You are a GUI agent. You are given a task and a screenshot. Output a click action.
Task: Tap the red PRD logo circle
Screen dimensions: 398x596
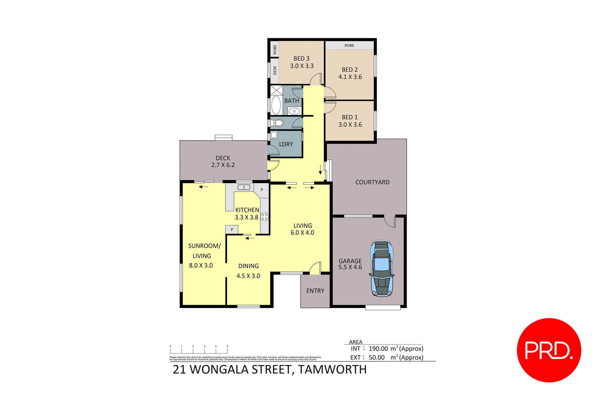pyautogui.click(x=549, y=350)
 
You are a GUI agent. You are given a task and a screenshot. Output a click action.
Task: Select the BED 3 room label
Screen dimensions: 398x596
pyautogui.click(x=301, y=58)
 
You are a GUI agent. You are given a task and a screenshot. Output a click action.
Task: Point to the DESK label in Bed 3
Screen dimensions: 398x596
pyautogui.click(x=275, y=70)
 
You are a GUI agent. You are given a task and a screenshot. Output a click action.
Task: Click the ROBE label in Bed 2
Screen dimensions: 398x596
pyautogui.click(x=349, y=45)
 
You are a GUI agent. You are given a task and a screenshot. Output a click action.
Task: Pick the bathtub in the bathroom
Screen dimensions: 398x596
pyautogui.click(x=276, y=105)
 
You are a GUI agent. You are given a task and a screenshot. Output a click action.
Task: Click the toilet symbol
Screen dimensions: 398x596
pyautogui.click(x=278, y=123)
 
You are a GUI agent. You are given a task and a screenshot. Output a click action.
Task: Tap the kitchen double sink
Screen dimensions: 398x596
pyautogui.click(x=244, y=187)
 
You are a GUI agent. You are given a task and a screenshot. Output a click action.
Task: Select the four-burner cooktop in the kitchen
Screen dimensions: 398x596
pyautogui.click(x=264, y=216)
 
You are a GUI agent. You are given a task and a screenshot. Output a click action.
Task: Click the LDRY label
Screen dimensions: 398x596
pyautogui.click(x=286, y=144)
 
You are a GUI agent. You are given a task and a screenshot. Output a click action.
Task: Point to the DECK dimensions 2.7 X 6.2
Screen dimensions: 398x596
pyautogui.click(x=223, y=165)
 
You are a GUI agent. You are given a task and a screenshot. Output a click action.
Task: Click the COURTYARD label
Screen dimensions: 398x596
pyautogui.click(x=372, y=182)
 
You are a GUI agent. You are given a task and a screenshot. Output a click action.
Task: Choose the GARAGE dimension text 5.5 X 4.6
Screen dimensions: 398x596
pyautogui.click(x=350, y=267)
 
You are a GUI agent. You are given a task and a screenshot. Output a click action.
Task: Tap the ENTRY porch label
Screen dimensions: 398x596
pyautogui.click(x=315, y=291)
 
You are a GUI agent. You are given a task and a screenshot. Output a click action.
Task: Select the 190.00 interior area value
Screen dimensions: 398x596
pyautogui.click(x=378, y=349)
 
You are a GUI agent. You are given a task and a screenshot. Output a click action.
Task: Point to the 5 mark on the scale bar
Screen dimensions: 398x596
pyautogui.click(x=227, y=346)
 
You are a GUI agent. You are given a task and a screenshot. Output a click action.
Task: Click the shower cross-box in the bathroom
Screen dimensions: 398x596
pyautogui.click(x=276, y=90)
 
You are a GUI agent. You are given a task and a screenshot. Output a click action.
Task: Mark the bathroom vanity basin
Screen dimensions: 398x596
pyautogui.click(x=294, y=111)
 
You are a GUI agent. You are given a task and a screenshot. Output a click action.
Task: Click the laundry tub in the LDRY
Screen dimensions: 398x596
pyautogui.click(x=274, y=135)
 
